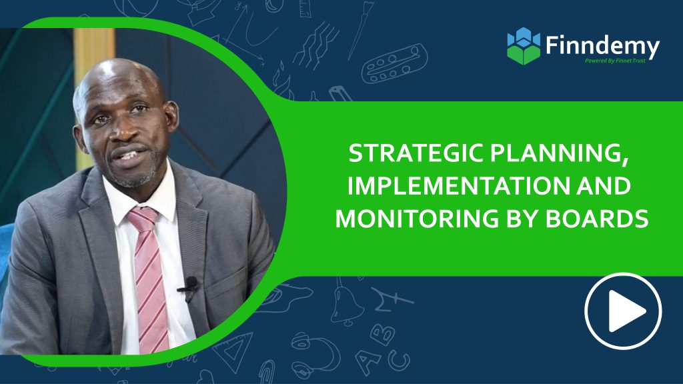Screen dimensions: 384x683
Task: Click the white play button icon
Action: point(623,311)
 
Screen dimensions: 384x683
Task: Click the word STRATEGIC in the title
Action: point(405,155)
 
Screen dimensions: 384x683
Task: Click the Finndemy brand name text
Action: point(602,47)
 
